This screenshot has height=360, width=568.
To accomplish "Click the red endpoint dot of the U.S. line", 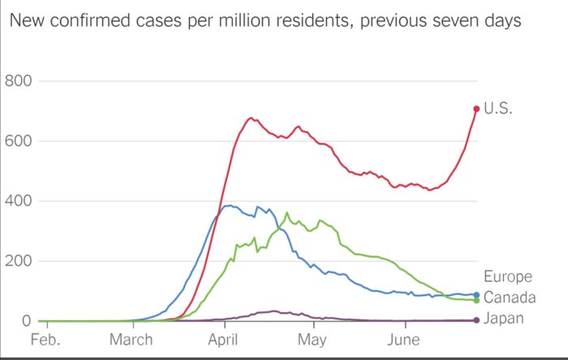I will pos(476,109).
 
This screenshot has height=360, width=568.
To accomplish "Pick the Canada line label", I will pos(509,298).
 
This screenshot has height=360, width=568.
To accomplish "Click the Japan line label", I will pos(503,319).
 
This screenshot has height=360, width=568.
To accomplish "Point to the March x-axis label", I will pos(132,339).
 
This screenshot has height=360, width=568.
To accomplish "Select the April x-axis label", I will pos(224,339).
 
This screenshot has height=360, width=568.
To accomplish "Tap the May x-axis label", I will pos(312,339).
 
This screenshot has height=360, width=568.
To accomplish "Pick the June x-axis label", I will pos(403,339).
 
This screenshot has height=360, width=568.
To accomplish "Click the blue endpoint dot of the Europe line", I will pos(476,295).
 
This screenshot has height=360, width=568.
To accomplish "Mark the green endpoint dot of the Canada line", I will pos(476,301).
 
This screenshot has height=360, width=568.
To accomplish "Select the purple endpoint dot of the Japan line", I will pos(476,320).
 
